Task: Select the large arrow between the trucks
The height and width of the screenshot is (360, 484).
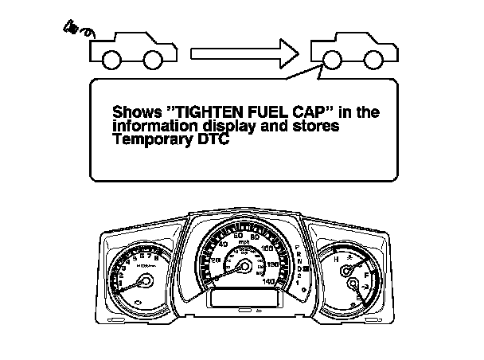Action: tap(245, 53)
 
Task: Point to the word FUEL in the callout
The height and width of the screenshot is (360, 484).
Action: tap(251, 112)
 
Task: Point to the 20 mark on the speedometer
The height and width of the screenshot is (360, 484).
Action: tap(216, 260)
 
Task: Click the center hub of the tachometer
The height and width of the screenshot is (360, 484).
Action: tap(145, 281)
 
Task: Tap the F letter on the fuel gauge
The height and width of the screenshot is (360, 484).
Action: tap(367, 273)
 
